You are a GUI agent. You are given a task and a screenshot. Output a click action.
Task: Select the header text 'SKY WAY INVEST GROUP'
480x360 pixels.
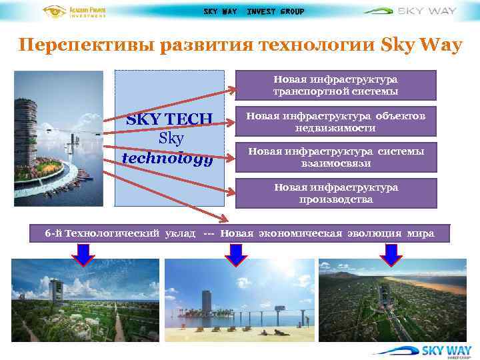point(253,11)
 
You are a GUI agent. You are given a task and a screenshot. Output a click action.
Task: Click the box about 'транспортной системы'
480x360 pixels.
point(335,85)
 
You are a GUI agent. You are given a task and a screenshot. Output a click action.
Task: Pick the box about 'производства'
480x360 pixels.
point(335,193)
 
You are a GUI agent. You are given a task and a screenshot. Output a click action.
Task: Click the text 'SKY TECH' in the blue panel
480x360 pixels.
point(169,119)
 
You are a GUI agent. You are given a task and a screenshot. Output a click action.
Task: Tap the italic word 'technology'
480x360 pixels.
point(169,159)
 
